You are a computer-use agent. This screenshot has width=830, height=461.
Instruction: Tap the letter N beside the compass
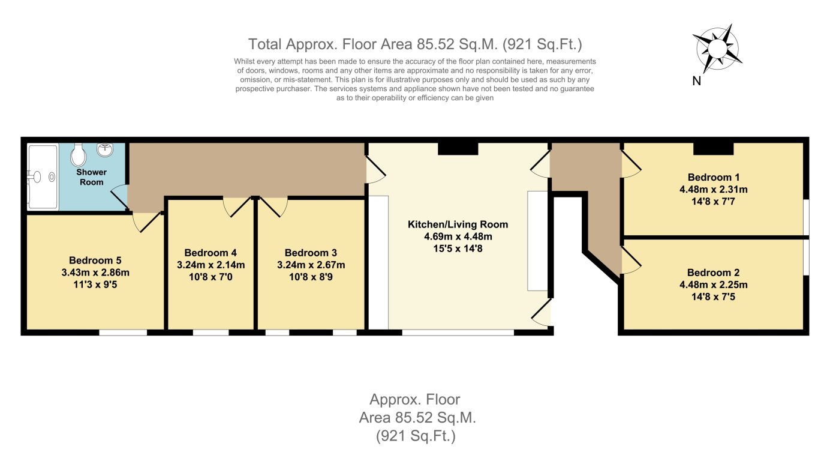coord(697,81)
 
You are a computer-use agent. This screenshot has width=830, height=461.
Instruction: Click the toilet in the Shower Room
coord(78,156)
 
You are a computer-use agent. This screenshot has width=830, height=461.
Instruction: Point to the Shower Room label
coord(91,177)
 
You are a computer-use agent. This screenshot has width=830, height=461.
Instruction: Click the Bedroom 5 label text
coord(95,261)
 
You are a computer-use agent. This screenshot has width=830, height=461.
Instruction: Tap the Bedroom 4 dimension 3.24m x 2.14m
coord(210,265)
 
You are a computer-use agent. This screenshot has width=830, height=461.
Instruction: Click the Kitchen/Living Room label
coord(458,224)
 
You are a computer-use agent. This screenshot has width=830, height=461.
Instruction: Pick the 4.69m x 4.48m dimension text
coord(458,236)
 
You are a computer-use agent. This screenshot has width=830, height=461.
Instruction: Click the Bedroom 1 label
coord(713,177)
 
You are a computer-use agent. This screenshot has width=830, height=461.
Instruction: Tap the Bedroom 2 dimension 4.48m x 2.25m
coord(713,285)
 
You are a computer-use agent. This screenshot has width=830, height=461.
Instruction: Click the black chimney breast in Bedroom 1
coord(713,149)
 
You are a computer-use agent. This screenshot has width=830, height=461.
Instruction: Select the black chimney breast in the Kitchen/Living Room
coord(458,149)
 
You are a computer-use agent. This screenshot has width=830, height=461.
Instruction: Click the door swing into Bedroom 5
coord(145,222)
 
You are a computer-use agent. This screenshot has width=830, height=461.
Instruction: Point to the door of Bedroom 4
coord(237,207)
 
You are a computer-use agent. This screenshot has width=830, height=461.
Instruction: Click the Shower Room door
coord(120,197)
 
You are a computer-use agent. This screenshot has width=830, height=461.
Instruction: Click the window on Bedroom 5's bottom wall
coord(123,332)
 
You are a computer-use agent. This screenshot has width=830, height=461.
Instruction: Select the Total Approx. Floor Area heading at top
coord(415,44)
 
